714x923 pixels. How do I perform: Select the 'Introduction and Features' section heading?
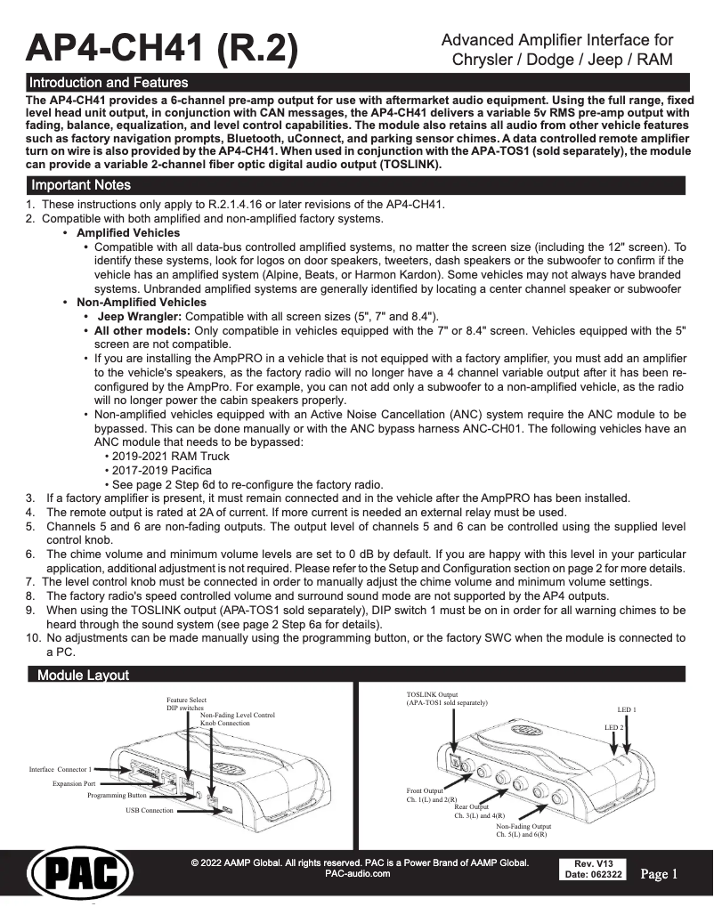click(109, 83)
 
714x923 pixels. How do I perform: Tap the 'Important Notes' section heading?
click(81, 185)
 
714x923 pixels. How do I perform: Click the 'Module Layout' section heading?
click(83, 676)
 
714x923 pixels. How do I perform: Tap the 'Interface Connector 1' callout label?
click(61, 768)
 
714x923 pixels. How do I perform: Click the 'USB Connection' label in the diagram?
click(150, 811)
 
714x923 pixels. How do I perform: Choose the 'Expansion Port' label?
click(74, 783)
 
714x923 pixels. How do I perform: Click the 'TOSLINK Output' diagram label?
click(432, 692)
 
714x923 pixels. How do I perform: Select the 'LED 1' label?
click(627, 709)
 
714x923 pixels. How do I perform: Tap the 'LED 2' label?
click(614, 727)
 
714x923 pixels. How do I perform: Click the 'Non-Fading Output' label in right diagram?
click(523, 826)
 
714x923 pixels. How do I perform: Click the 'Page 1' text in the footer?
click(659, 874)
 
